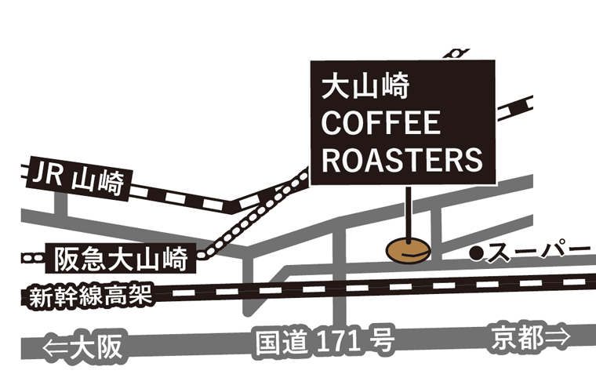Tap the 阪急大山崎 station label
[120, 256]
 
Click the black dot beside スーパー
[475, 252]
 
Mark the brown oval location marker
[409, 249]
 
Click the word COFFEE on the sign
[381, 123]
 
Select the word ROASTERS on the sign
[402, 160]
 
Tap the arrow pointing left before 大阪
[55, 346]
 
